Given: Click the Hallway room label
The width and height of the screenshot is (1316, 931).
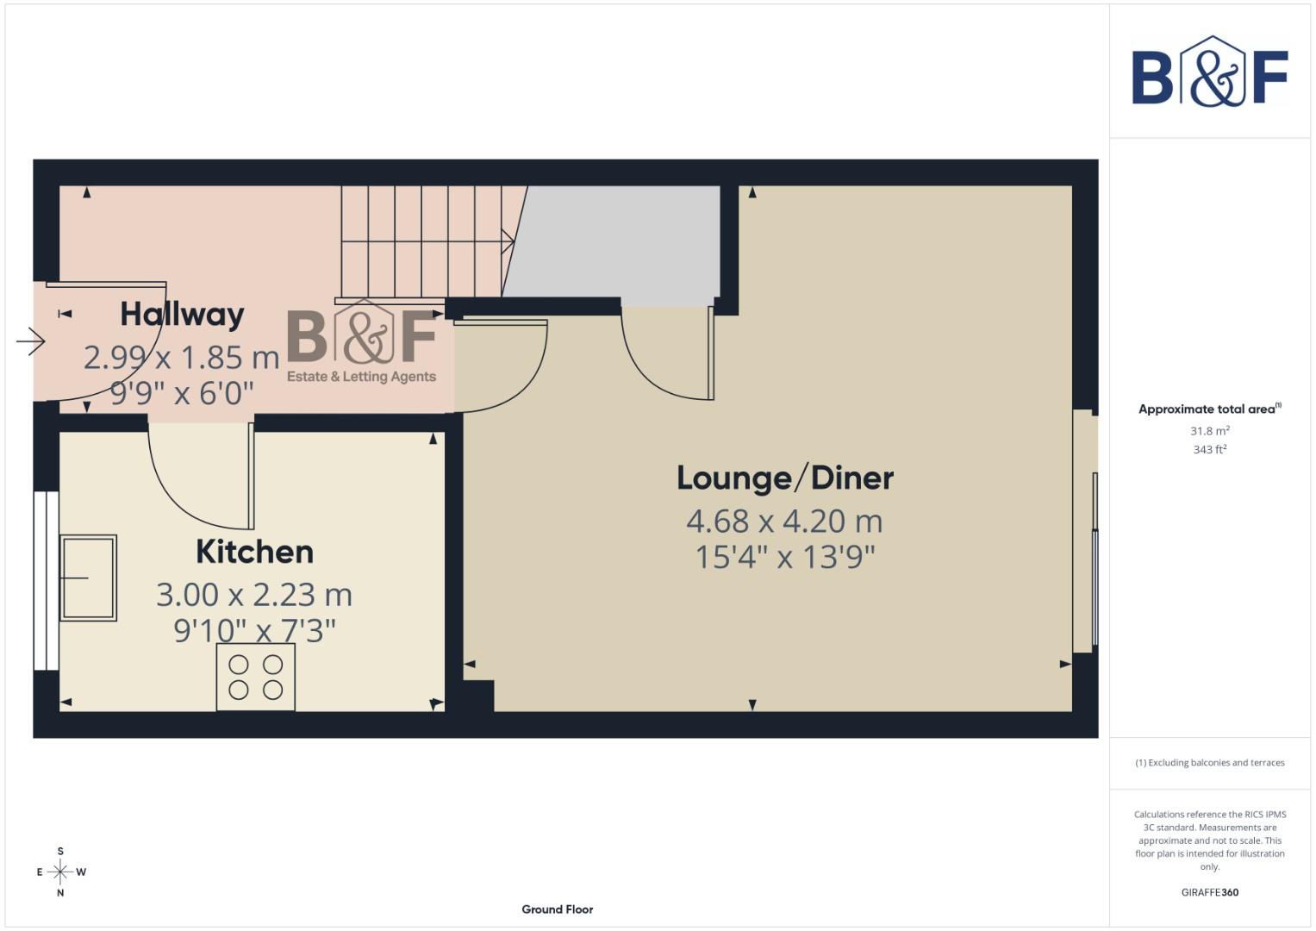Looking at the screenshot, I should (182, 315).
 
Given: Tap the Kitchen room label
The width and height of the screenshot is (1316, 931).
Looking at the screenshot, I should (254, 552).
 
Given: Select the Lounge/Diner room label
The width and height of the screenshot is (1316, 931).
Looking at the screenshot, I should (784, 478).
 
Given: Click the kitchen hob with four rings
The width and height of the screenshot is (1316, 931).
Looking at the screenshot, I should (255, 678).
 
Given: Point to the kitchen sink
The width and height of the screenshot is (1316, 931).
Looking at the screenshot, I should (88, 577).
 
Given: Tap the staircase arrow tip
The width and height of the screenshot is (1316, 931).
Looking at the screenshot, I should (513, 241).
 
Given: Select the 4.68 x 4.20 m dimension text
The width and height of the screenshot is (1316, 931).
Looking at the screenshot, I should (784, 522).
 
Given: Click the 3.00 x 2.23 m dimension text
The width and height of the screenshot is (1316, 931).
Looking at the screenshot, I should (254, 595).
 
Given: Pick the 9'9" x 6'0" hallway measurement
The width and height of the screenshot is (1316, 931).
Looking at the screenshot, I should (182, 394).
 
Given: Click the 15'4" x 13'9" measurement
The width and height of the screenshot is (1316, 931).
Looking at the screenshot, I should (784, 557).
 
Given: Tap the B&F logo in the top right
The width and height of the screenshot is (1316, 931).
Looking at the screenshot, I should (1209, 72).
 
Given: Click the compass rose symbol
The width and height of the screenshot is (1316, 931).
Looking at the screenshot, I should (60, 872).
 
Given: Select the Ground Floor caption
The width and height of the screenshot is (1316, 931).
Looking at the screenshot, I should (557, 909).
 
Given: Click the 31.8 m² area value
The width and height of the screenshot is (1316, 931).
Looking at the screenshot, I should (1209, 431).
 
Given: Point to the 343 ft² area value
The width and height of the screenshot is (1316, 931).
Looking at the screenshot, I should (1209, 450).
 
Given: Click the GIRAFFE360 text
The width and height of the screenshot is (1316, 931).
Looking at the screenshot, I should (1209, 892).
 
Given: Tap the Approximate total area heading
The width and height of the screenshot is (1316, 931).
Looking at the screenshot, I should (1209, 409).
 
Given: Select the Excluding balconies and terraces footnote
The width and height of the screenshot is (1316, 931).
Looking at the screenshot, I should (1209, 763).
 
